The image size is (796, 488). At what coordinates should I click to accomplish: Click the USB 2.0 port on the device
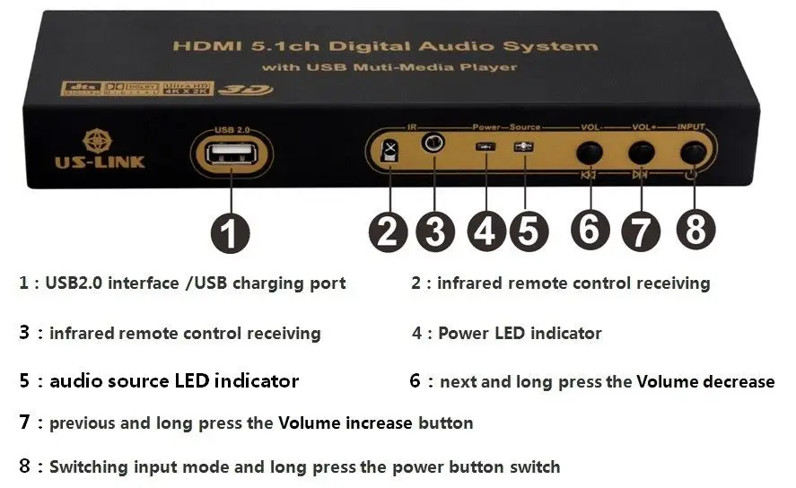click(231, 153)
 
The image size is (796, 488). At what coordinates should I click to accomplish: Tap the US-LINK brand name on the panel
click(98, 162)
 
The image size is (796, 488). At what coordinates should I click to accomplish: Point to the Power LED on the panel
click(485, 147)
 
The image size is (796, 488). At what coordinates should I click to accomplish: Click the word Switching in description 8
click(88, 467)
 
